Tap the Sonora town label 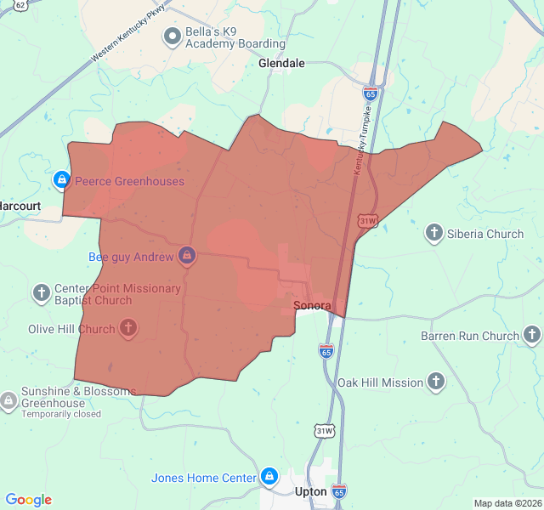point(311,305)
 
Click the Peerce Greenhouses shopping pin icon point(61,180)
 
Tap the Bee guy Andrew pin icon point(188,256)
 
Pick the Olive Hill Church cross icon point(128,328)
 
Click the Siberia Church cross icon point(434,233)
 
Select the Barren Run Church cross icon point(532,335)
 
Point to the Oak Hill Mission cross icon point(437,382)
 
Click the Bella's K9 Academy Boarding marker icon point(173,36)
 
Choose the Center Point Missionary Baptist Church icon point(42,293)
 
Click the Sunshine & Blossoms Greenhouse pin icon point(8,399)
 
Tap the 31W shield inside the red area point(367,221)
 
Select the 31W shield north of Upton point(325,431)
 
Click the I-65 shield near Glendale point(371,92)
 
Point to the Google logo point(29,500)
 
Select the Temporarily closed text point(61,415)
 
